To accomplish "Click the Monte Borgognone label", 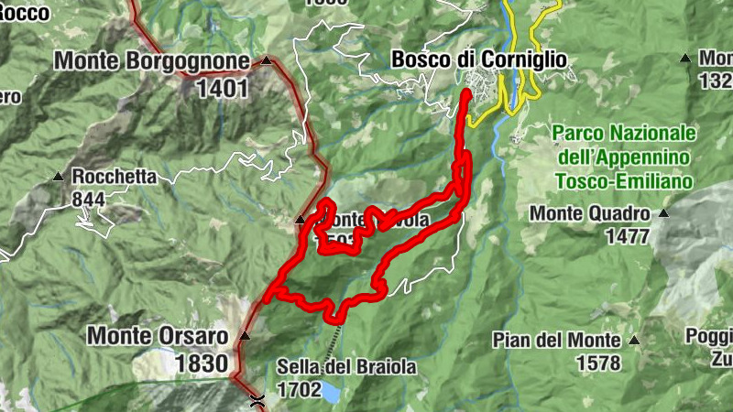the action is (151, 61).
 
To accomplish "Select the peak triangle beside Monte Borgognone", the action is (266, 61).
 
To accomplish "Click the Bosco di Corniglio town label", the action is (478, 60).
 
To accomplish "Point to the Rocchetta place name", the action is (115, 177).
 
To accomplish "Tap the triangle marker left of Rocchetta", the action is (59, 176).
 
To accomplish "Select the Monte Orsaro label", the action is (158, 336).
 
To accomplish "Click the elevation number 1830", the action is (201, 363).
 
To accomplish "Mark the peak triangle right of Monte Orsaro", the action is (244, 336).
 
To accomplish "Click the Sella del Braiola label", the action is (346, 367).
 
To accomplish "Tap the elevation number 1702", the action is (299, 390).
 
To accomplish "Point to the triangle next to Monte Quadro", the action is (664, 213).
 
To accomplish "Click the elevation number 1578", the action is (598, 363).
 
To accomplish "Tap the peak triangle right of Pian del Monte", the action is (633, 340).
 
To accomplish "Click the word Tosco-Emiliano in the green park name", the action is (623, 181).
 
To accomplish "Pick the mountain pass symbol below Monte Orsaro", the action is (258, 398).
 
